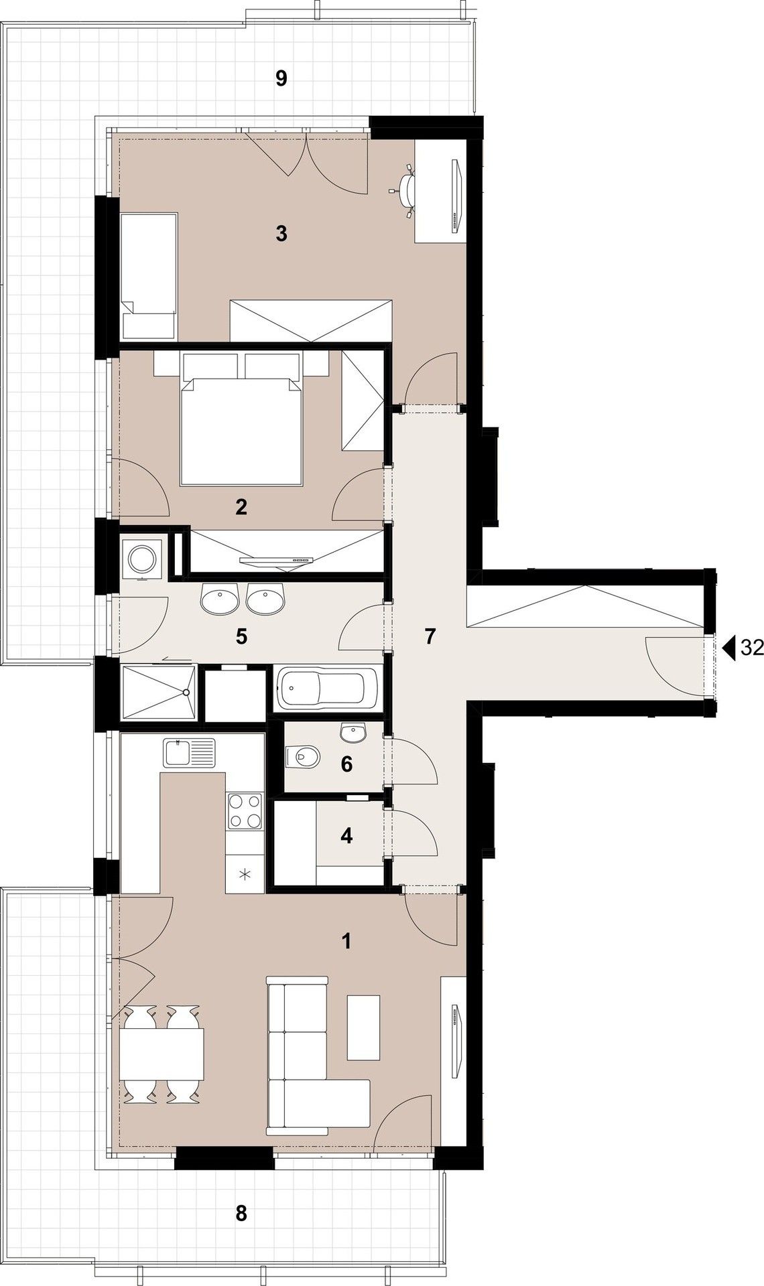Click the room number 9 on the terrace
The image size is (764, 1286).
click(x=281, y=79)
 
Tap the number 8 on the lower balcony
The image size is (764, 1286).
click(x=241, y=1213)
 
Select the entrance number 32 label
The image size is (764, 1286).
click(x=751, y=647)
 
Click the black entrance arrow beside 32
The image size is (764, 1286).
click(x=729, y=647)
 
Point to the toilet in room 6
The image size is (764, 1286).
click(x=302, y=758)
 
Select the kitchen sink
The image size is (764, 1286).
click(x=189, y=753)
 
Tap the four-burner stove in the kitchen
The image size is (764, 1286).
click(x=245, y=811)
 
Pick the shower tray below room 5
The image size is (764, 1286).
click(x=158, y=693)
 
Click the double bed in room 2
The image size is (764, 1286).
click(x=241, y=429)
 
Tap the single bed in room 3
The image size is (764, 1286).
click(x=149, y=276)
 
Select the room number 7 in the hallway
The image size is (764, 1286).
click(x=430, y=636)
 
